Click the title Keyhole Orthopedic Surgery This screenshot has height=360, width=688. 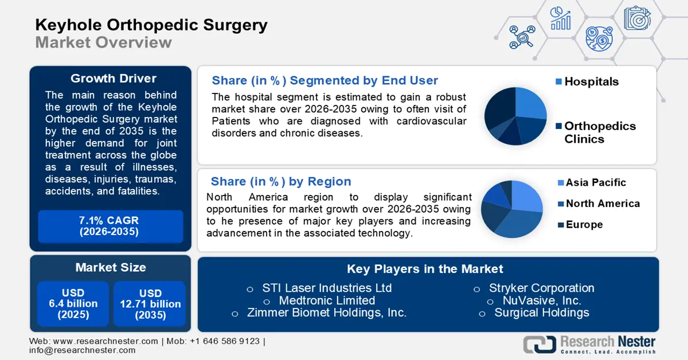[x=151, y=25]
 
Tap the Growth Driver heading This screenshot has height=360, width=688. [x=113, y=79]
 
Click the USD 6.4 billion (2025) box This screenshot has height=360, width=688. [x=73, y=304]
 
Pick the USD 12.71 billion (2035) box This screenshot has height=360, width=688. [x=150, y=304]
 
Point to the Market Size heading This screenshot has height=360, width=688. [x=110, y=267]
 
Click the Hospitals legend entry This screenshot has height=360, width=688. [x=591, y=82]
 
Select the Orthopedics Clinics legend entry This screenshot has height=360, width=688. [x=599, y=132]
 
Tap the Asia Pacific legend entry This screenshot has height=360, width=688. [x=595, y=183]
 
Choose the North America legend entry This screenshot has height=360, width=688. [x=602, y=204]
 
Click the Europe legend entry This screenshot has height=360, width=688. [x=584, y=225]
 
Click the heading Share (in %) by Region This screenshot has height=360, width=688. [x=281, y=182]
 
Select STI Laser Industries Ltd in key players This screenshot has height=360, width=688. [x=327, y=288]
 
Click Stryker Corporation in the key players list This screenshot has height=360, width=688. [x=541, y=288]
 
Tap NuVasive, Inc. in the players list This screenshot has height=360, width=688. [x=541, y=300]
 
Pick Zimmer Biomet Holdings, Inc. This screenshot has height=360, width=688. [x=326, y=313]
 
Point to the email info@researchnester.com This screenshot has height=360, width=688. [x=83, y=350]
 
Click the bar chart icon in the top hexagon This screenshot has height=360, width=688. [x=560, y=19]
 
